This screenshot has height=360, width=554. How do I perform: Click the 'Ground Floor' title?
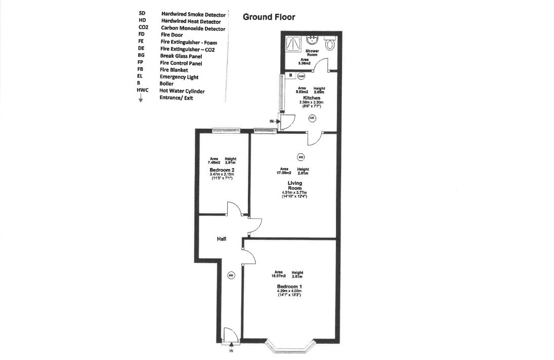(x=269, y=17)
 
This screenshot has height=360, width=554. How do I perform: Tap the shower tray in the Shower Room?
(x=293, y=43)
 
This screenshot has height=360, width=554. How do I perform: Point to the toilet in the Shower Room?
(x=330, y=44)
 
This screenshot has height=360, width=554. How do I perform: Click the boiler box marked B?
(x=291, y=76)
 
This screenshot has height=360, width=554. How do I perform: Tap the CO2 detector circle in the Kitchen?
(x=301, y=76)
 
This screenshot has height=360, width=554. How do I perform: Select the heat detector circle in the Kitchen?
(x=312, y=117)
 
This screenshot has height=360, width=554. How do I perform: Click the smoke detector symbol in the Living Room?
(x=301, y=156)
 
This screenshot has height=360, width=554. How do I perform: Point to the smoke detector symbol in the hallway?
(x=231, y=275)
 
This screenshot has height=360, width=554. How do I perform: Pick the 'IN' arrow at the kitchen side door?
(x=274, y=122)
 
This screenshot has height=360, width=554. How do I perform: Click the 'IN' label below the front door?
(x=231, y=351)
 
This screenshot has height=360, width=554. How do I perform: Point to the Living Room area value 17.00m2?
(x=284, y=173)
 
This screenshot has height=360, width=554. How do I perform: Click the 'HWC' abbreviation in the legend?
(x=143, y=91)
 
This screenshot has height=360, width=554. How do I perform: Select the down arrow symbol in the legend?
(x=141, y=99)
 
